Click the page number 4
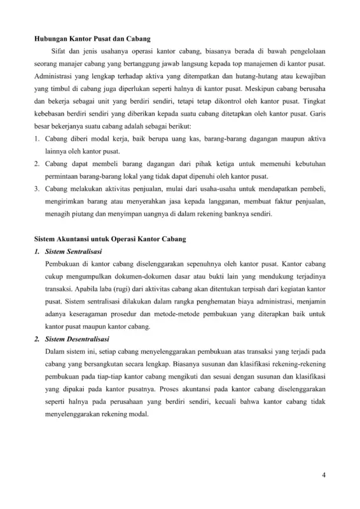324,476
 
